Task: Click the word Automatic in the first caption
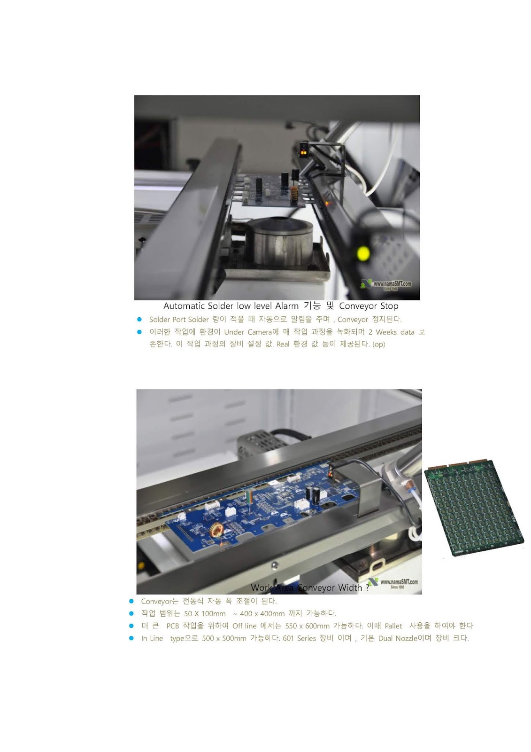[x=184, y=306]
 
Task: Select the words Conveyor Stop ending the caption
[x=369, y=306]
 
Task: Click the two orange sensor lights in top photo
[x=304, y=153]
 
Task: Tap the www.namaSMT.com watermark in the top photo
[x=392, y=284]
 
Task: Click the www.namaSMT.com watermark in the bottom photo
[x=399, y=582]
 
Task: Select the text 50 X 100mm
[x=205, y=614]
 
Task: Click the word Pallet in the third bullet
[x=393, y=626]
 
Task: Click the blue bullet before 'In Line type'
[x=131, y=638]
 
